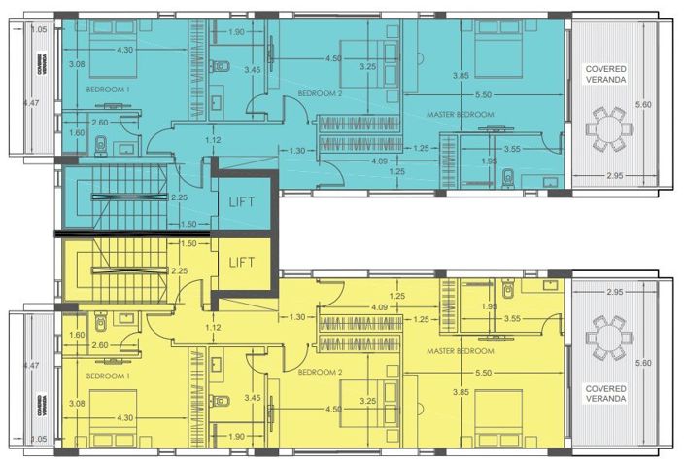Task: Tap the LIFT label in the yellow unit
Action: coord(242,263)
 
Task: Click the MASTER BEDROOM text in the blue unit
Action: coord(461,115)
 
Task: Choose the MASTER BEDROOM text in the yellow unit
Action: coord(461,350)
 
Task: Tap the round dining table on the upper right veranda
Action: coord(608,130)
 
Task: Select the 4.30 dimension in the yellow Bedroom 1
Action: coord(125,418)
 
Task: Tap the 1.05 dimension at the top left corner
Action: coord(39,30)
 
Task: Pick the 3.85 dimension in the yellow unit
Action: coord(462,391)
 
